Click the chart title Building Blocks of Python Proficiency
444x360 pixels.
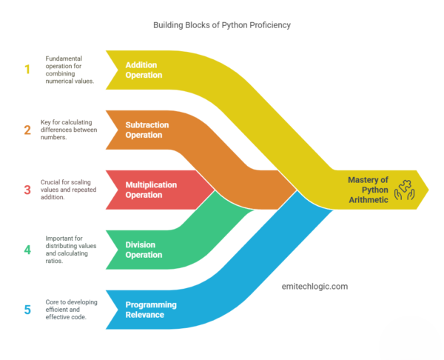point(221,25)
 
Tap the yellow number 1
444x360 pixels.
point(27,69)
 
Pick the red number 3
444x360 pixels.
point(27,189)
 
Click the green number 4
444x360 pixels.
point(27,250)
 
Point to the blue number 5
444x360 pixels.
point(27,310)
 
